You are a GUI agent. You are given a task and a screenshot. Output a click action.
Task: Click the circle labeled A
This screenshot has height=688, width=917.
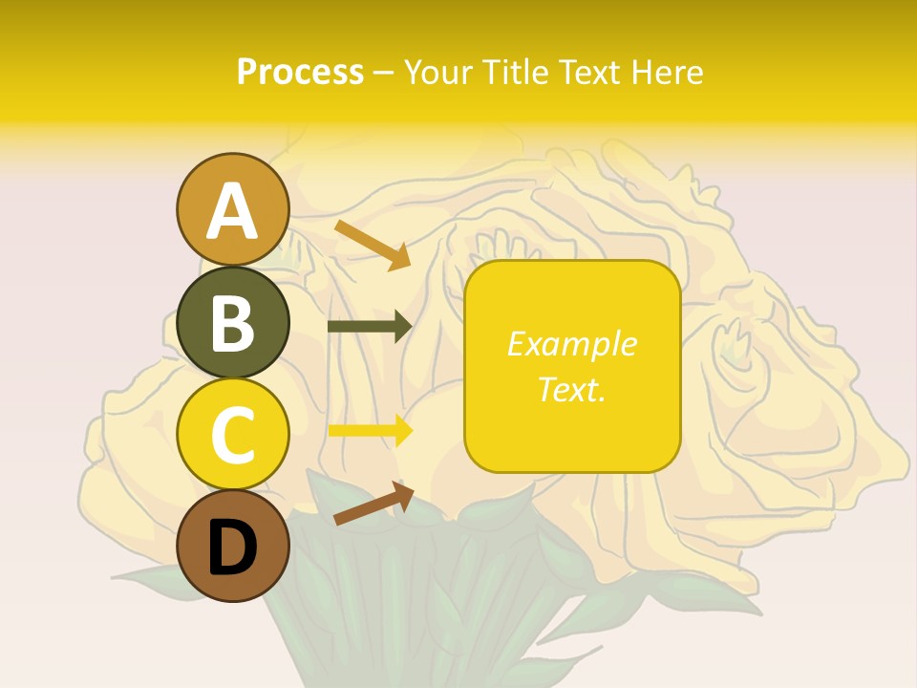click(232, 210)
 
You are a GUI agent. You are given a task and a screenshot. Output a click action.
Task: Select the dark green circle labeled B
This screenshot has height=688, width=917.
click(232, 323)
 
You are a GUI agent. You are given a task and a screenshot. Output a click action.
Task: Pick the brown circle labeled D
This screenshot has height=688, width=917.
click(232, 547)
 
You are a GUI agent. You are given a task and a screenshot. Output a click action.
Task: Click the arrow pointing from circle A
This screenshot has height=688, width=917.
click(373, 245)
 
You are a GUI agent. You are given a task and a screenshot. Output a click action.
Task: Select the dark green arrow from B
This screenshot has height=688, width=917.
click(369, 326)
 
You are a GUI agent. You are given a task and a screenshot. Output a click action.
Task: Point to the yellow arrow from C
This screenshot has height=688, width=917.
click(370, 430)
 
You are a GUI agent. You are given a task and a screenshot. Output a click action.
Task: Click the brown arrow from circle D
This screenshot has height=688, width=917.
click(373, 504)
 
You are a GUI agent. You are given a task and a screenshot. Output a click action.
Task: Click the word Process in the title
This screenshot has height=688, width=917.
click(300, 72)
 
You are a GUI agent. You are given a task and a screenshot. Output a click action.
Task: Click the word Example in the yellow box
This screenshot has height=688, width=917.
click(571, 344)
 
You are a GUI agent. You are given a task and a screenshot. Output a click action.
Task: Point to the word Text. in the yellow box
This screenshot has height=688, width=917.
click(571, 389)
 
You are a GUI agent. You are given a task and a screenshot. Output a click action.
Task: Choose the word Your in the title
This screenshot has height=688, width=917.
click(437, 72)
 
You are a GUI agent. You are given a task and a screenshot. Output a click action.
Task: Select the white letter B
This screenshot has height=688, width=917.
click(232, 324)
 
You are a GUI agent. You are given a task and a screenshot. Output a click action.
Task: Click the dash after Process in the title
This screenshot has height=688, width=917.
click(384, 74)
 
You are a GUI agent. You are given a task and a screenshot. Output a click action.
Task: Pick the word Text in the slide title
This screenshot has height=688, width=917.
click(587, 72)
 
